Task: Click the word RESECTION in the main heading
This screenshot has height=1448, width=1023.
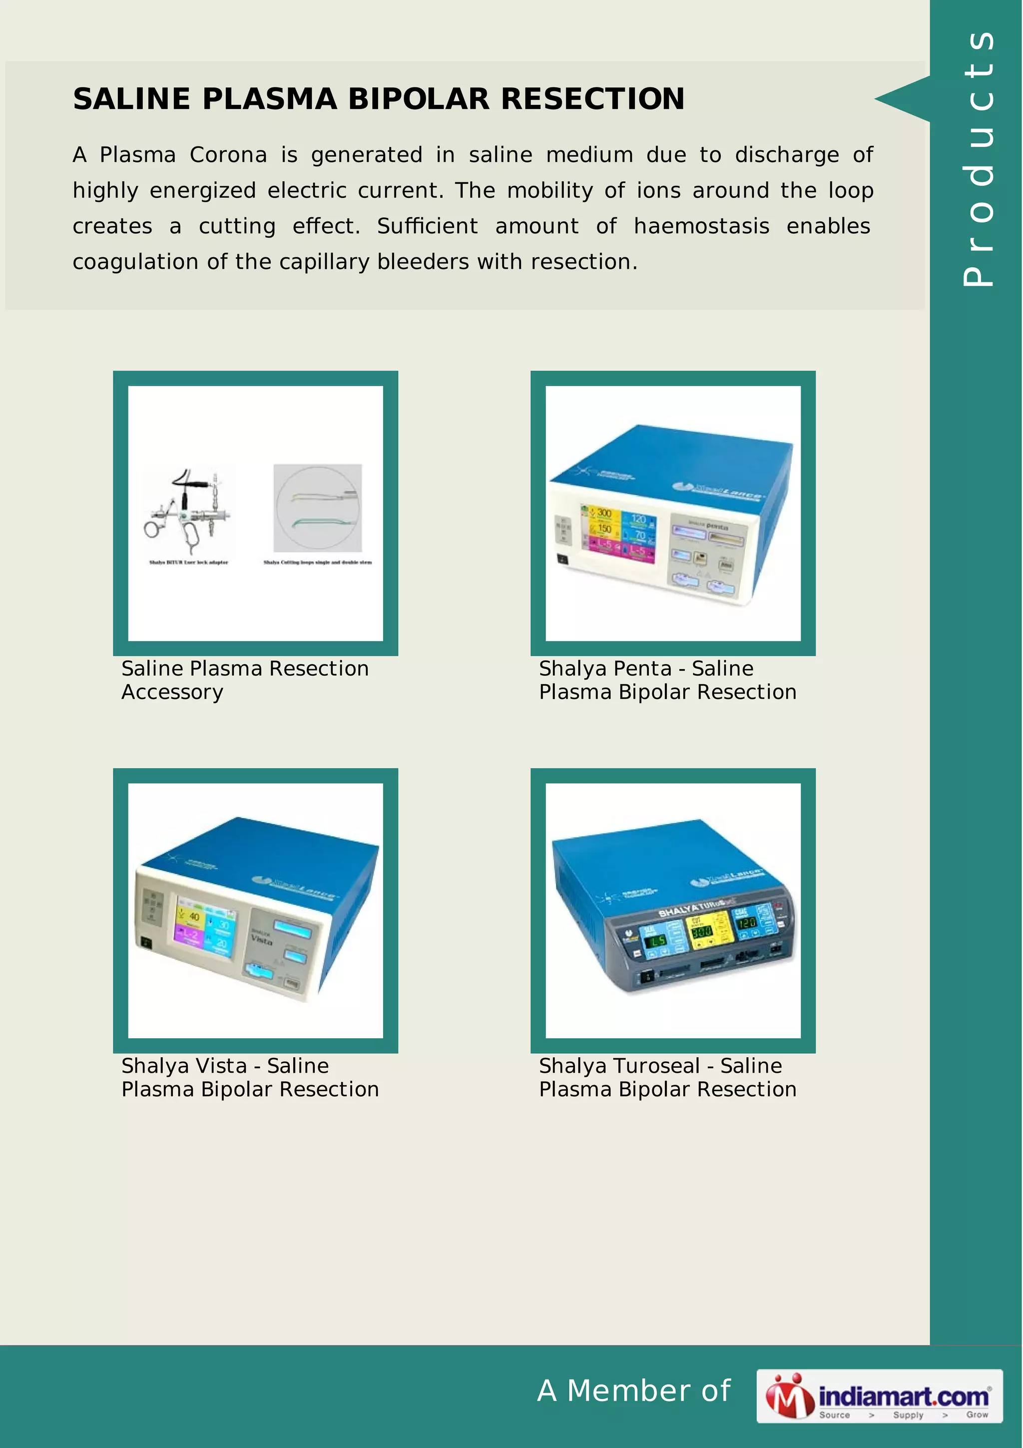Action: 592,99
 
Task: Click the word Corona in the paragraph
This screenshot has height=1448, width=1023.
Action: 228,155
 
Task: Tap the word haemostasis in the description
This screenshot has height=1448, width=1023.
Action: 701,226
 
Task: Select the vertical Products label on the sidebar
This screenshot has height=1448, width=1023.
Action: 978,158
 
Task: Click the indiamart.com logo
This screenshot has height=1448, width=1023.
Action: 879,1396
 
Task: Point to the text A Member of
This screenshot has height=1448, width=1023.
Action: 633,1391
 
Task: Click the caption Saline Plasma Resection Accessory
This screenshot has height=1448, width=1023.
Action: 245,680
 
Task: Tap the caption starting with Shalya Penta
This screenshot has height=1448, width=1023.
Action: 667,680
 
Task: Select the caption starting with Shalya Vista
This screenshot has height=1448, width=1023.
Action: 250,1077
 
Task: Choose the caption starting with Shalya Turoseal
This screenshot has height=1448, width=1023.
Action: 667,1077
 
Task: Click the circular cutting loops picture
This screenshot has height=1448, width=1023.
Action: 318,508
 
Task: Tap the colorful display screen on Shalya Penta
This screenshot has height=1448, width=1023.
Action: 618,534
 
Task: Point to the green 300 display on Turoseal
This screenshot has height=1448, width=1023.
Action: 701,931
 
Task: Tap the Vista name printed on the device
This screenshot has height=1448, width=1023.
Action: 262,940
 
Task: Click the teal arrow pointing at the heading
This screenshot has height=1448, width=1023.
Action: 903,99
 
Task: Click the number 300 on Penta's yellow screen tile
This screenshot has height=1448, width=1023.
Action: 604,513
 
